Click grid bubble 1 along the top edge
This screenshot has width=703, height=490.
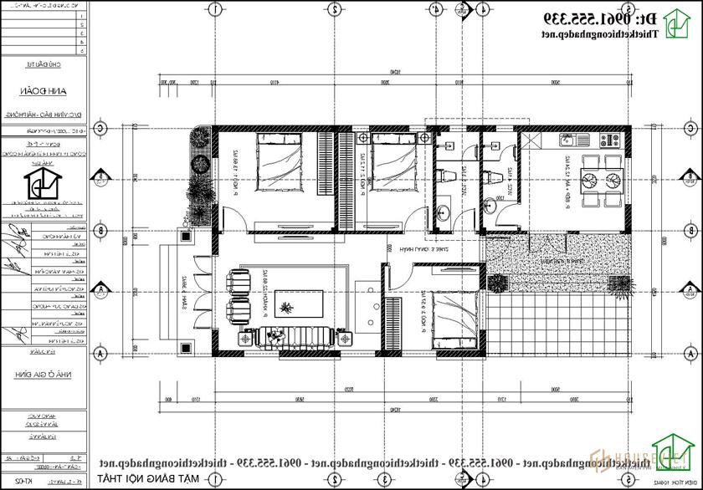[x=215, y=11]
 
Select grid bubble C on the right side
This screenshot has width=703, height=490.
[x=690, y=129]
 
